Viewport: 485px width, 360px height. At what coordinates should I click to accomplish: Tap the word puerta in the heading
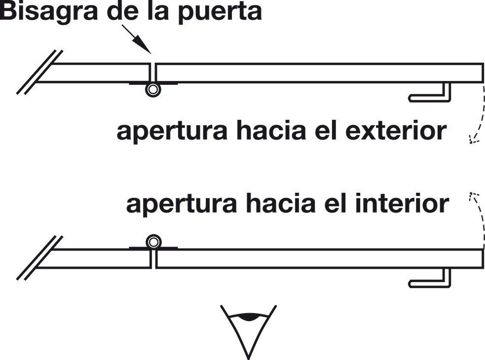point(220,12)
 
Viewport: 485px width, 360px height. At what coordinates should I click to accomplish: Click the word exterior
point(396,131)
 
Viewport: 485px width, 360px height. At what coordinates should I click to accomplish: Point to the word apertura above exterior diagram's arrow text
point(172,132)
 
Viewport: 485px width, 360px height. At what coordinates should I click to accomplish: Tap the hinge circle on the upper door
point(153,90)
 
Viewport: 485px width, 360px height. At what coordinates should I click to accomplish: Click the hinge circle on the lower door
point(153,242)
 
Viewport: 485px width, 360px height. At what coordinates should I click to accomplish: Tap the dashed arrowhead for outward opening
point(473,140)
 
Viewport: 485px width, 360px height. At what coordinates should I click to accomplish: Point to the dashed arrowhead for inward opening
point(473,197)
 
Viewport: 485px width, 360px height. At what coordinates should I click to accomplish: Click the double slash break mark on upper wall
point(39,72)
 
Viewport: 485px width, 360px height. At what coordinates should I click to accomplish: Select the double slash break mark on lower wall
point(39,257)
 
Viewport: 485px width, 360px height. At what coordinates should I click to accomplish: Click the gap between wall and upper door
point(153,73)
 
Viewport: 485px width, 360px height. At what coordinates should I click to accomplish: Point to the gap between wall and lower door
point(153,258)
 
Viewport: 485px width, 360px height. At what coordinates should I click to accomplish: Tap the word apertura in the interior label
point(182,205)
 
